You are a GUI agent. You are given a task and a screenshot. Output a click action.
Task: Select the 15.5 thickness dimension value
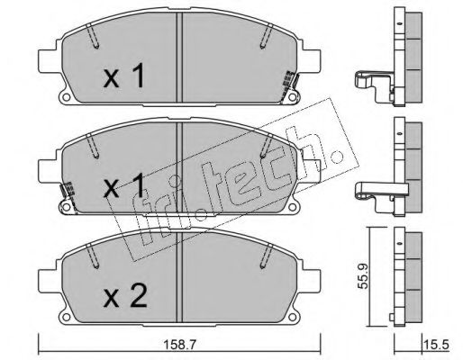coord(436,345)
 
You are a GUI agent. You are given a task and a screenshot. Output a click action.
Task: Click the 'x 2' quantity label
coord(125,296)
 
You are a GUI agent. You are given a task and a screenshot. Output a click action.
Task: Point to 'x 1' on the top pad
coord(124,76)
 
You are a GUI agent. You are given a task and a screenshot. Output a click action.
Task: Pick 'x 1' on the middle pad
coord(124,186)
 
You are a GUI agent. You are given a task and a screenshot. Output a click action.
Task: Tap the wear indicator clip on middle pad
coord(68,195)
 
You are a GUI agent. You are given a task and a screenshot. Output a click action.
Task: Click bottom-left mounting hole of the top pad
coord(67,97)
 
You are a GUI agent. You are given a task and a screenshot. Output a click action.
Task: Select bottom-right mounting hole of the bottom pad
coord(292,317)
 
